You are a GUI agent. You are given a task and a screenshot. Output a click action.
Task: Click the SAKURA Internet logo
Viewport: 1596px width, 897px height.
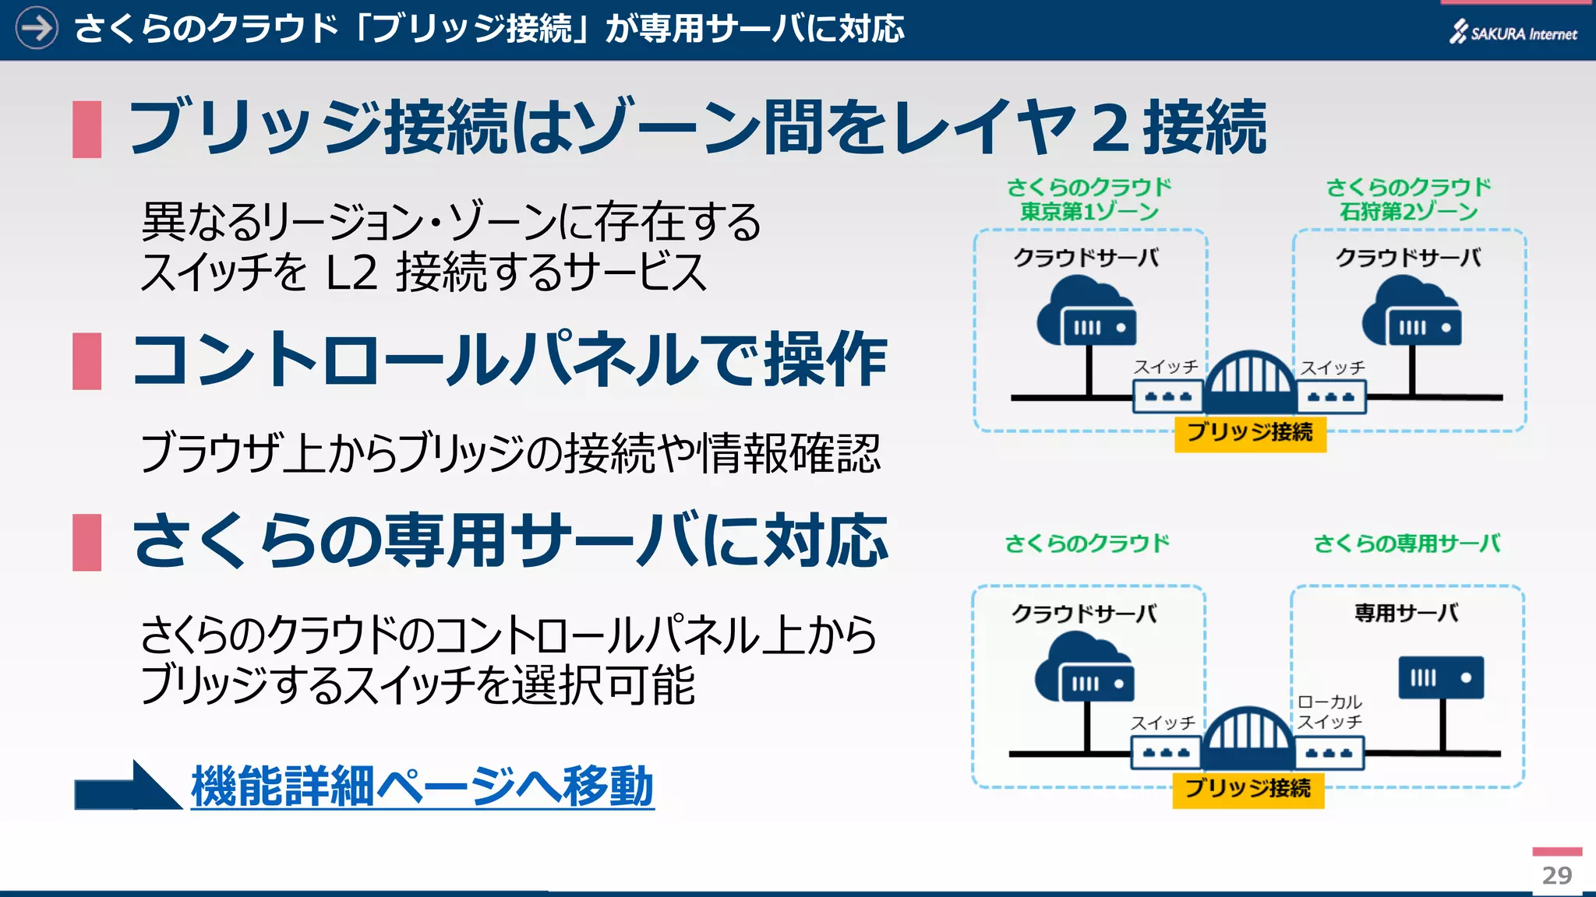tap(1513, 33)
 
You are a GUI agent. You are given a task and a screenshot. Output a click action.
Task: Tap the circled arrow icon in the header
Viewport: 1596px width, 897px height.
tap(37, 29)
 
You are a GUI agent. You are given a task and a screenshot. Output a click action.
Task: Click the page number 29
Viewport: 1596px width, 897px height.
tap(1556, 875)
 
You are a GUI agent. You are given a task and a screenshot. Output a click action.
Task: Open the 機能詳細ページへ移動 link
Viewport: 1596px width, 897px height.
tap(422, 786)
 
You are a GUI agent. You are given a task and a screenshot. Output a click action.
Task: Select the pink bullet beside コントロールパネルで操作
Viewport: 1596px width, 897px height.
tap(87, 361)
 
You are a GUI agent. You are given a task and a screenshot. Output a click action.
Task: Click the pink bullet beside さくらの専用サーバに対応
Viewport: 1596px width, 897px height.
tap(87, 542)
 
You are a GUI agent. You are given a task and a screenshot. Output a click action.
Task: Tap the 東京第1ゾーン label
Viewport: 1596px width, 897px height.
tap(1089, 212)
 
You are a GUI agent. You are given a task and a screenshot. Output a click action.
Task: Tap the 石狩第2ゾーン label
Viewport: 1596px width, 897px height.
tap(1408, 212)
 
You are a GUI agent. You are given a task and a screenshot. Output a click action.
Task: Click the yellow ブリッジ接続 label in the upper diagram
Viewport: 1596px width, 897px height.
tap(1249, 432)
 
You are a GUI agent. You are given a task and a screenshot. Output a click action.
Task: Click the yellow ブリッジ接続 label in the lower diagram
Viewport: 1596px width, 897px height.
tap(1247, 788)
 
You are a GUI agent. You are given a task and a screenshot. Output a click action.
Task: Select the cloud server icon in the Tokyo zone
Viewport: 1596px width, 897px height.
tap(1086, 313)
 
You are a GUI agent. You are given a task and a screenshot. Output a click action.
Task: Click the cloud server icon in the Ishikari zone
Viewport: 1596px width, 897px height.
tap(1411, 313)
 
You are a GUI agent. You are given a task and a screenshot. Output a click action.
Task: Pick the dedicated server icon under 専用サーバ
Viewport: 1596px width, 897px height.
tap(1441, 677)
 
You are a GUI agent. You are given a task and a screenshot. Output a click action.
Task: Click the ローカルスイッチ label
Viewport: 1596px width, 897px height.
tap(1329, 712)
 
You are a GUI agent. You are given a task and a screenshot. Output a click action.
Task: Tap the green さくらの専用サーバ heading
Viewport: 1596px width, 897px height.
tap(1407, 543)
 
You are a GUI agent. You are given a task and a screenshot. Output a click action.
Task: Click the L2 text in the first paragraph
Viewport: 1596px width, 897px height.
tap(351, 273)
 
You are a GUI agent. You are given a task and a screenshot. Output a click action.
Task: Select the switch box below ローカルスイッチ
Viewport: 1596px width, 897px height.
tap(1329, 753)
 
